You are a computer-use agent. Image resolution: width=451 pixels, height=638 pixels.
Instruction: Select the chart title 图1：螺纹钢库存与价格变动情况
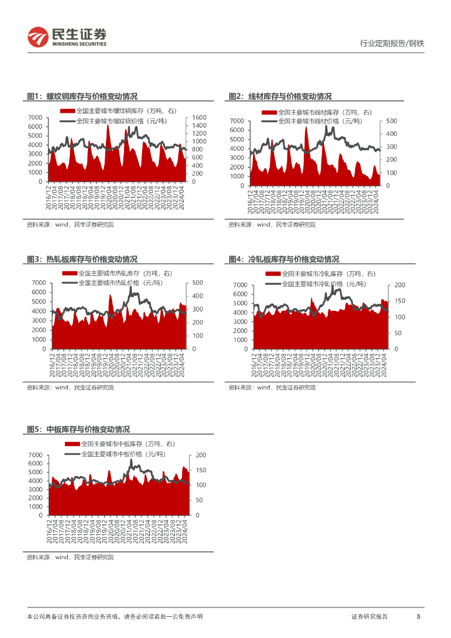point(82,97)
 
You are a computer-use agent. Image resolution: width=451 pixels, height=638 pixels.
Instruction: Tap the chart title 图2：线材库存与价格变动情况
point(280,97)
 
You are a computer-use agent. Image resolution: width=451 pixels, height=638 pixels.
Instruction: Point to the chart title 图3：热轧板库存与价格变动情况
point(82,259)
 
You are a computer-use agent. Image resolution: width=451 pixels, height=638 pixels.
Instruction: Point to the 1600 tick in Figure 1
point(199,118)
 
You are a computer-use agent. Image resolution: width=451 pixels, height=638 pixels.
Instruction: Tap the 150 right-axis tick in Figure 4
point(399,301)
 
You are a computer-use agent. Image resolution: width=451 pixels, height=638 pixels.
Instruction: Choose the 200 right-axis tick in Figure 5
point(201,455)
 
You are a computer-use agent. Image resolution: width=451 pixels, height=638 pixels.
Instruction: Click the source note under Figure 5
point(70,557)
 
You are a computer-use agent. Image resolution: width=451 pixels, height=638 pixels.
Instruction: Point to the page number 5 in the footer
point(418,616)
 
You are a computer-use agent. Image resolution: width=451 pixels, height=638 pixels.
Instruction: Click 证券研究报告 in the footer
point(369,616)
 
